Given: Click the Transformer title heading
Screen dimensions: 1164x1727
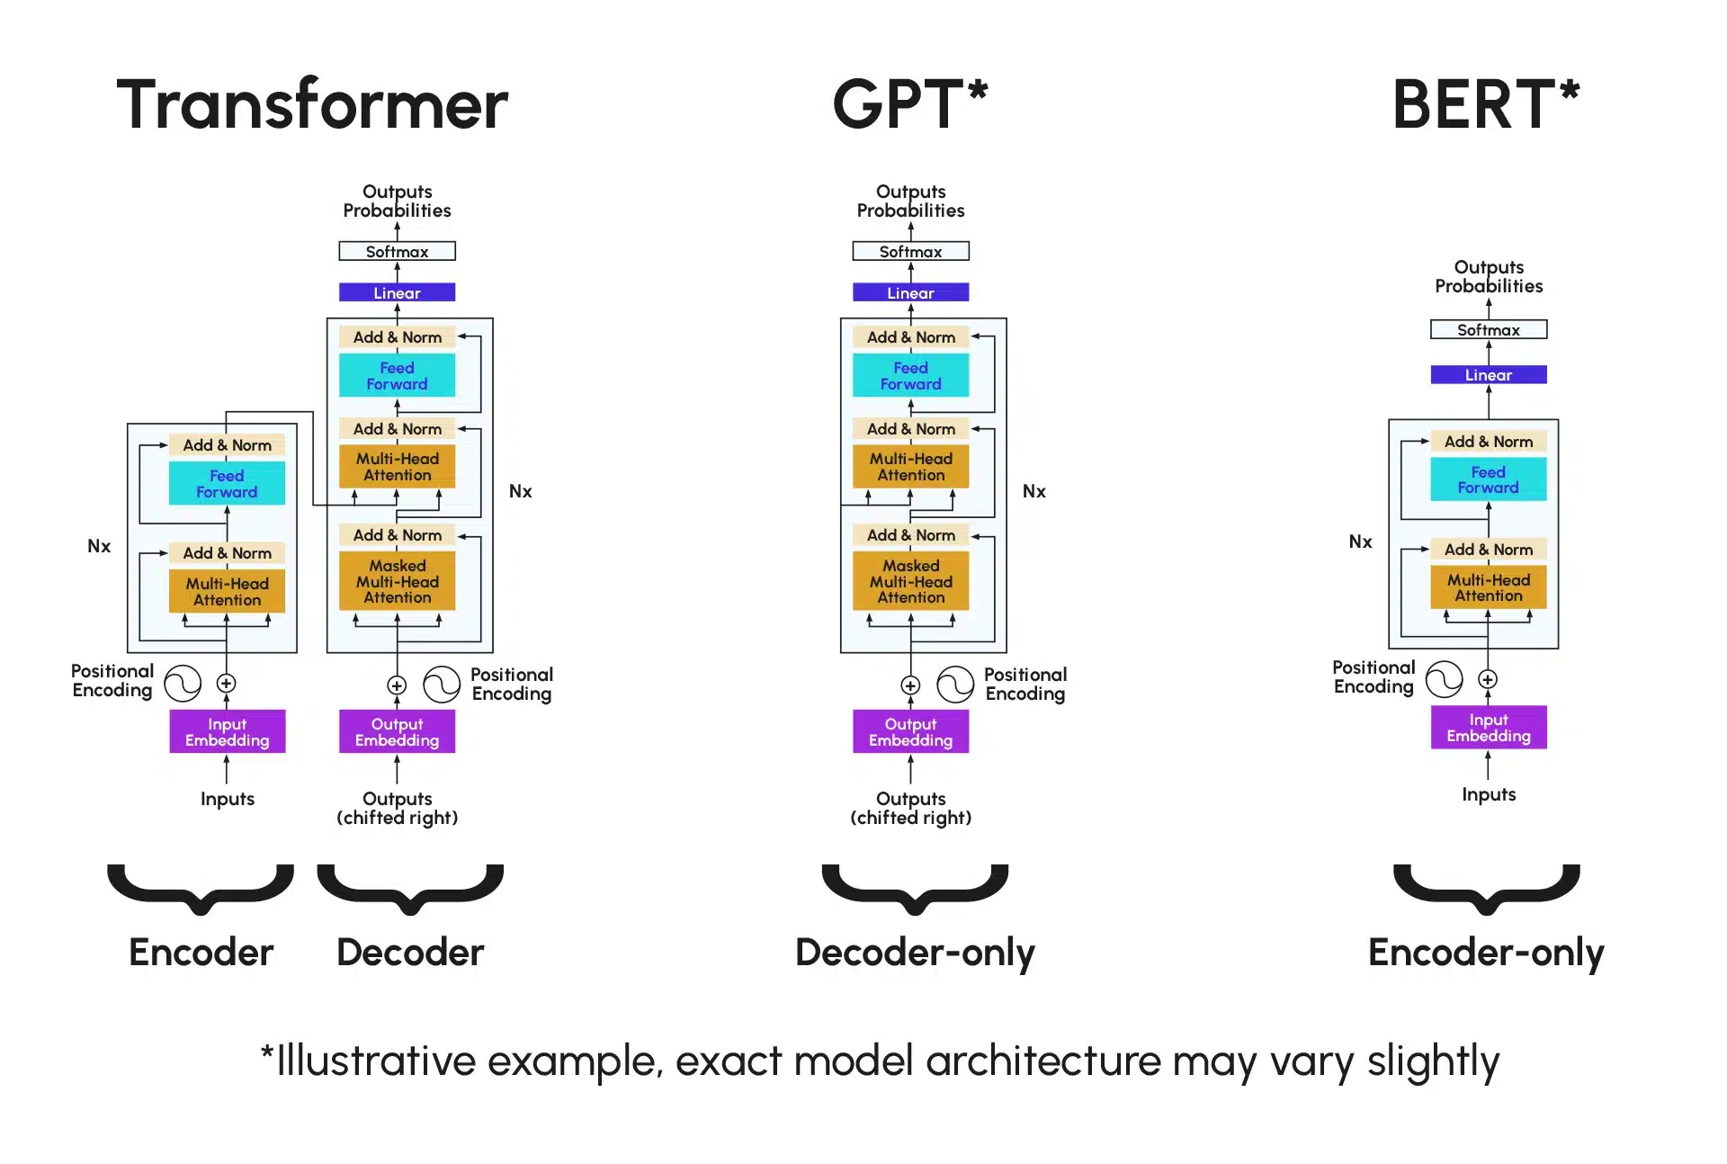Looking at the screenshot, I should [x=312, y=104].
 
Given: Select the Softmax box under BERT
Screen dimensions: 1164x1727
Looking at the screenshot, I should [x=1488, y=330].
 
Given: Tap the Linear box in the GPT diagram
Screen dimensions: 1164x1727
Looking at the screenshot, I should [x=910, y=292].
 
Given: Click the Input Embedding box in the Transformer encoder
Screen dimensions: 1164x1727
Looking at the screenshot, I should [x=227, y=731].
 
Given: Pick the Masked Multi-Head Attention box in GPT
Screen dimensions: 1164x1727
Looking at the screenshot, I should [x=910, y=581].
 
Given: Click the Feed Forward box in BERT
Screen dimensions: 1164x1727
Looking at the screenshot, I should [x=1488, y=479].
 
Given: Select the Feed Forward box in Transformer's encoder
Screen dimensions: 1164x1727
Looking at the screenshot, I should [x=227, y=484].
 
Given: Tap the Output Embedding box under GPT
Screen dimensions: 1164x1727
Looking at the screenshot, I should [x=910, y=731].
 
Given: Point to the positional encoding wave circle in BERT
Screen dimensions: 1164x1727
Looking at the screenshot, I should [x=1444, y=680].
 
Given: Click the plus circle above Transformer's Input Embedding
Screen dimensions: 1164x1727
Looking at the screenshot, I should [x=227, y=684].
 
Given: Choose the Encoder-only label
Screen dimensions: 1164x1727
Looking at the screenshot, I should [x=1485, y=953].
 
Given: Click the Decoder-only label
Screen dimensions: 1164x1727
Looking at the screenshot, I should [x=915, y=953].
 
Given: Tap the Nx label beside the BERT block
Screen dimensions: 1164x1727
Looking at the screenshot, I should [x=1360, y=542].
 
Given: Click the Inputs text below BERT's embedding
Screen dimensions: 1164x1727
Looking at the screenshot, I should [x=1488, y=794].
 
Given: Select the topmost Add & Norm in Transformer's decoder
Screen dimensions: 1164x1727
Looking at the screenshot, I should [x=397, y=337].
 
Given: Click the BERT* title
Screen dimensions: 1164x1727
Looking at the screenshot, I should [x=1485, y=104].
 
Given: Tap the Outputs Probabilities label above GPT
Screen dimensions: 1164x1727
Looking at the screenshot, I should [x=910, y=201].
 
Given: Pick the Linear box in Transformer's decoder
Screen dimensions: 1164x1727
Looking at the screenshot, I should [x=397, y=292].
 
